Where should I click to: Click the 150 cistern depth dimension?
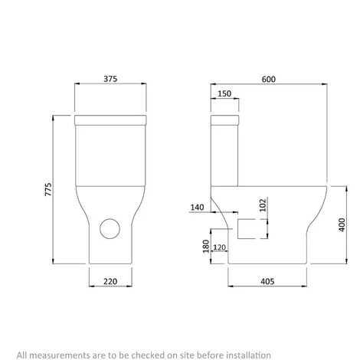point(224,94)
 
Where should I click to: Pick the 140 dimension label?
point(198,208)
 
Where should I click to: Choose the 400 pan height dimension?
point(341,224)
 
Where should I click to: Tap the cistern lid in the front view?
point(113,119)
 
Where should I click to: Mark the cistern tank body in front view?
point(113,157)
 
